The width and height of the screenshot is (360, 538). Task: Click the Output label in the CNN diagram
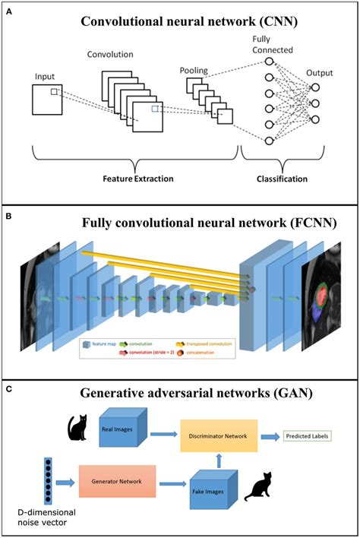[320, 72]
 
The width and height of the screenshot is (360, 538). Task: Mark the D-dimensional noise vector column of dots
[48, 479]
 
